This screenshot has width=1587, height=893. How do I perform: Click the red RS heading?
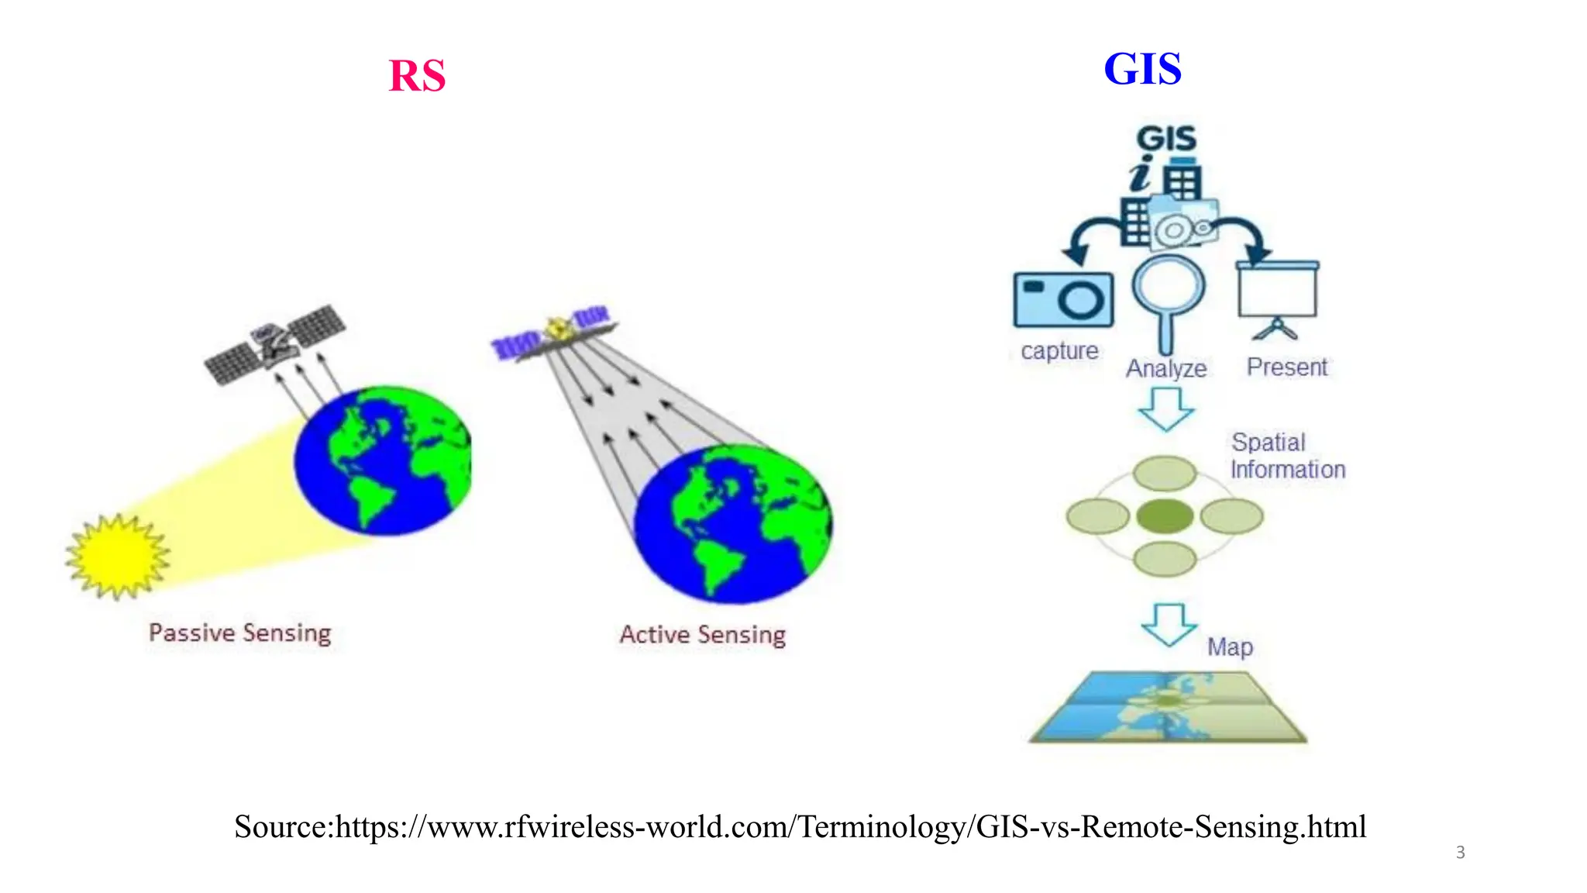point(417,76)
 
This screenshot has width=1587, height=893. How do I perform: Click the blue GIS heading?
point(1142,68)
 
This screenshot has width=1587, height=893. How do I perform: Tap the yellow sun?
point(118,556)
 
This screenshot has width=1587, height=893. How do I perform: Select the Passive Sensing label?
point(240,633)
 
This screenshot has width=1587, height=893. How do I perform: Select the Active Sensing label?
point(702,635)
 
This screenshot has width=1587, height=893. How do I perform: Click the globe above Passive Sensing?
point(383,460)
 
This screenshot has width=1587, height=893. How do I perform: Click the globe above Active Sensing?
point(733,524)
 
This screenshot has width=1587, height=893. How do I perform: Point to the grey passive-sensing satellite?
point(276,343)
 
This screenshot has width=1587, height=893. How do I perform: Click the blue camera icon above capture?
point(1063,299)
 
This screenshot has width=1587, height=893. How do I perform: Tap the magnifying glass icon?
point(1168,298)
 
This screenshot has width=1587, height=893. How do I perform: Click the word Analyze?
point(1166,368)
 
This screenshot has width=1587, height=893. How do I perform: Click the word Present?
point(1286,367)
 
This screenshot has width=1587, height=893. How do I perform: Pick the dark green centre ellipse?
point(1165,516)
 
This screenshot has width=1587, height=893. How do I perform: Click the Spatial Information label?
point(1287,456)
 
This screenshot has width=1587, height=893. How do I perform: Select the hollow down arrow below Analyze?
point(1166,409)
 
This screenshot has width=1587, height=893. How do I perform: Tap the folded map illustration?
point(1169,707)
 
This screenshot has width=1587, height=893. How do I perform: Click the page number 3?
point(1460,853)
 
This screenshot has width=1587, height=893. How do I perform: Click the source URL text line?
point(800,826)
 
